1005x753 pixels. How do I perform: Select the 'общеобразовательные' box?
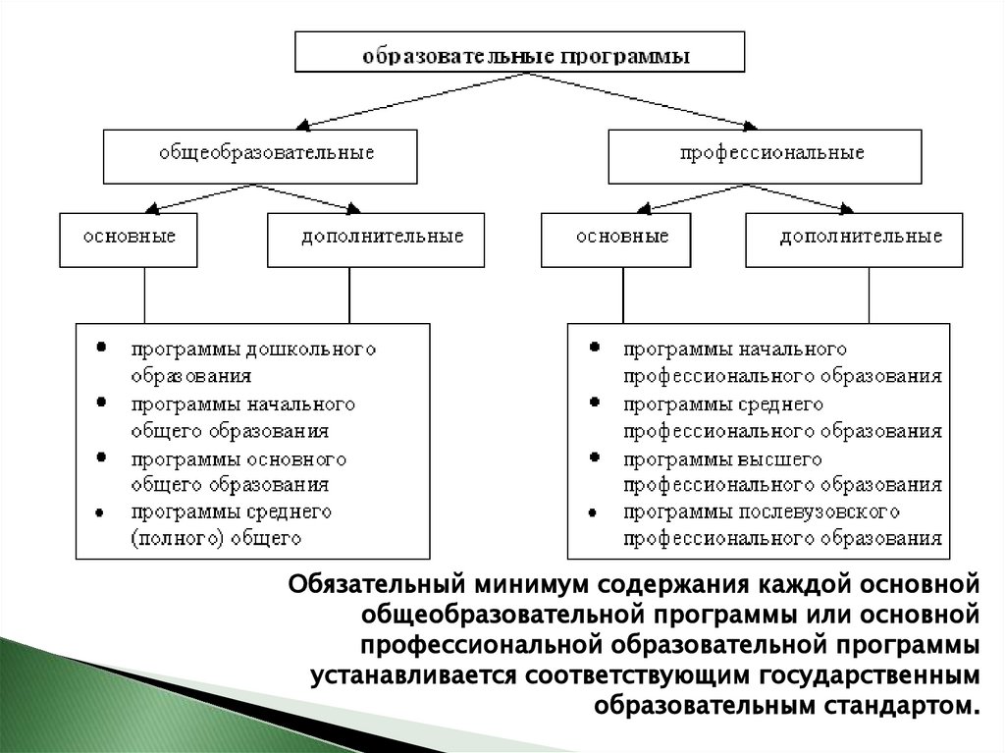click(x=259, y=154)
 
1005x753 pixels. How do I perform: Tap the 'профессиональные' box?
click(x=765, y=154)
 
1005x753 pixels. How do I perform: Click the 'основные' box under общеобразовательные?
click(x=131, y=238)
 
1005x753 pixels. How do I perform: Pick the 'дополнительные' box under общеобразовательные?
click(x=376, y=238)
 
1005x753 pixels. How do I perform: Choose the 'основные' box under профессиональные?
click(x=620, y=238)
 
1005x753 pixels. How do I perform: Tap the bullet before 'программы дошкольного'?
click(x=101, y=349)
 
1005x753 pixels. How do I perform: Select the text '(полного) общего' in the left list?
click(x=213, y=538)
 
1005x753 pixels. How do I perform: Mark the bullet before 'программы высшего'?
click(x=596, y=458)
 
